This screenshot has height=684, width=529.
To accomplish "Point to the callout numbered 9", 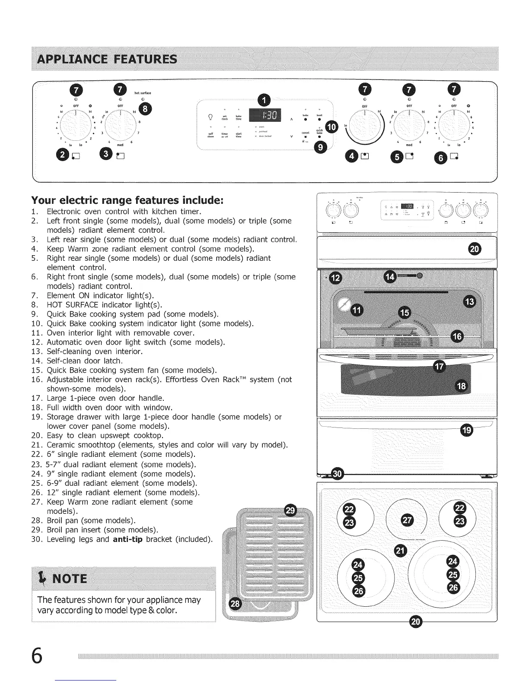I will pos(320,148).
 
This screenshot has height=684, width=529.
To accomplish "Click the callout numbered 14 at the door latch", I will pos(390,276).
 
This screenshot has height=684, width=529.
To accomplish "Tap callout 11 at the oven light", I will pos(357,310).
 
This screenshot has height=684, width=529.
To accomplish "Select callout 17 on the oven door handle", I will pos(439,367).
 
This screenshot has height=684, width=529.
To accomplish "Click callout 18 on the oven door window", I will pos(461,386).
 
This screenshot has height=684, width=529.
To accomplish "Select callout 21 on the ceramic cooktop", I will pos(401,549).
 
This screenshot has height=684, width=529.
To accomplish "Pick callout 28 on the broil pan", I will pos(234,604).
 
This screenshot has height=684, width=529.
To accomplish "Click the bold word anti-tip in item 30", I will pos(127,539).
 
